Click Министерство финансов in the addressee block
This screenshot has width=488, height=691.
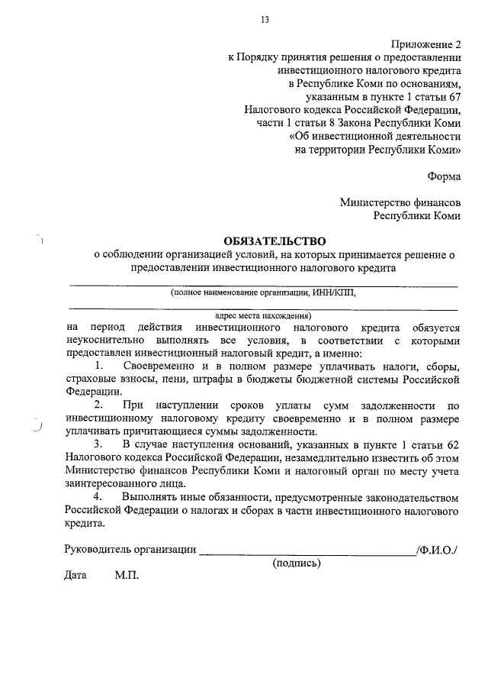[400, 202]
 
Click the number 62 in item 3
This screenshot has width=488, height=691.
[453, 444]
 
